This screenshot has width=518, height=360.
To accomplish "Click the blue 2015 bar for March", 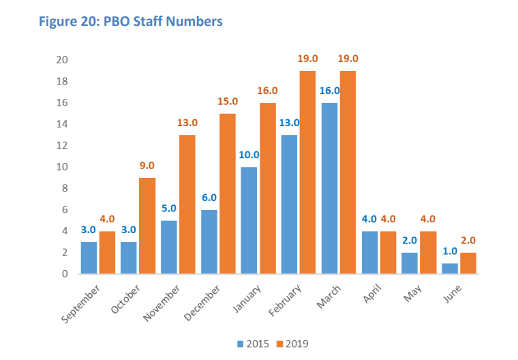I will pyautogui.click(x=329, y=188).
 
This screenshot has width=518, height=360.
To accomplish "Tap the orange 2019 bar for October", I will pyautogui.click(x=147, y=226).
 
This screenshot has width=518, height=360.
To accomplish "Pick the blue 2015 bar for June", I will pyautogui.click(x=449, y=268).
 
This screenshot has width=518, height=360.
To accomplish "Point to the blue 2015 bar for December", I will pyautogui.click(x=209, y=241).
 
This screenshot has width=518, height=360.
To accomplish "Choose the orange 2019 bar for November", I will pyautogui.click(x=187, y=204).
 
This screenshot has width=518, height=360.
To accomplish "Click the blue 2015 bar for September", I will pyautogui.click(x=89, y=257).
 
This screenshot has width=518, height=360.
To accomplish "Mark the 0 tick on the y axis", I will pyautogui.click(x=64, y=273).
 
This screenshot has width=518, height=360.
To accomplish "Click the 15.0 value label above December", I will pyautogui.click(x=227, y=101).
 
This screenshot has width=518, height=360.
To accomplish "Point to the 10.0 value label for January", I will pyautogui.click(x=249, y=155).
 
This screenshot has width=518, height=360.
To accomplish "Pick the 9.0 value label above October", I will pyautogui.click(x=147, y=166).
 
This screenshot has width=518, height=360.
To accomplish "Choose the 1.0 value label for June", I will pyautogui.click(x=449, y=252).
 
